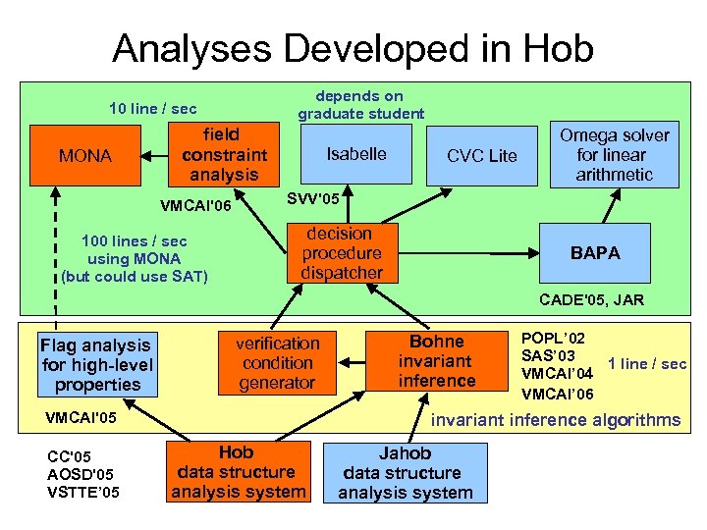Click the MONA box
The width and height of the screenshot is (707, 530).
(x=85, y=155)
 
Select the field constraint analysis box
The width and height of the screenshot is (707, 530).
(x=224, y=154)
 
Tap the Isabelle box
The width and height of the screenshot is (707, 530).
(x=356, y=154)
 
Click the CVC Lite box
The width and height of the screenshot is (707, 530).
(x=481, y=155)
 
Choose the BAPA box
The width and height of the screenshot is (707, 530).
(x=595, y=252)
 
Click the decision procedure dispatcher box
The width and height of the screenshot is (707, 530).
(x=341, y=253)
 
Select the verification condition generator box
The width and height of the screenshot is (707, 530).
(x=277, y=363)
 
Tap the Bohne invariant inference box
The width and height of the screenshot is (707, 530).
(x=436, y=361)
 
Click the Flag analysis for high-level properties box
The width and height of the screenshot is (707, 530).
(x=96, y=364)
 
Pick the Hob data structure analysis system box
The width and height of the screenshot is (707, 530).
(x=238, y=472)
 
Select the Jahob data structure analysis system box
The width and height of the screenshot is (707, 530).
(x=405, y=473)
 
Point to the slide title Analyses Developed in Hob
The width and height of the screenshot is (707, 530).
(x=353, y=47)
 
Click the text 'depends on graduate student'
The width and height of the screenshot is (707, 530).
(x=360, y=105)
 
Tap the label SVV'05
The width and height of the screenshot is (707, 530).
(x=313, y=199)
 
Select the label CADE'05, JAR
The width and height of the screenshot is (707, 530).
(x=591, y=300)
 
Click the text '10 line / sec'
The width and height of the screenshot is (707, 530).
(x=152, y=109)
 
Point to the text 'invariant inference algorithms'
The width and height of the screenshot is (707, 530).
(x=556, y=420)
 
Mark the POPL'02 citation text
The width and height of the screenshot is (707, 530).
(x=553, y=337)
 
